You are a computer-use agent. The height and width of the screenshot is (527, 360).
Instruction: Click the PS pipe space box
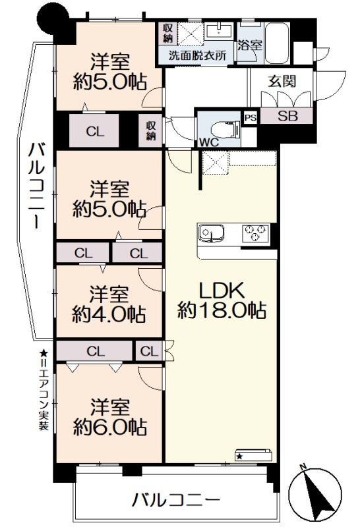point(251,118)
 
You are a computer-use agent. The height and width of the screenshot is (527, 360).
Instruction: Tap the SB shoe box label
point(287,116)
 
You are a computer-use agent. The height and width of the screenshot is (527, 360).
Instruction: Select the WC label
point(209,142)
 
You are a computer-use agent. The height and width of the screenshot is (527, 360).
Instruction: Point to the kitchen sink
point(211,233)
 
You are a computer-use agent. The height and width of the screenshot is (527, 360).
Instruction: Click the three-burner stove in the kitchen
point(255,233)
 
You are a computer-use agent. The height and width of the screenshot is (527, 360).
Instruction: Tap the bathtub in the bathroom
point(276,43)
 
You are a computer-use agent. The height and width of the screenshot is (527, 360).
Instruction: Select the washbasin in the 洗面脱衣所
point(219,30)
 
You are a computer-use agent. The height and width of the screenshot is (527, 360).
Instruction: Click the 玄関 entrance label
point(282,81)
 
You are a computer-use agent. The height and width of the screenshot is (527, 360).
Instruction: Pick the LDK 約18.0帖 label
point(222,301)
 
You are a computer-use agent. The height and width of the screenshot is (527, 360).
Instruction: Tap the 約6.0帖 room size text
point(109,427)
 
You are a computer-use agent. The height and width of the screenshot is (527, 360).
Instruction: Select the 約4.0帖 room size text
point(109,314)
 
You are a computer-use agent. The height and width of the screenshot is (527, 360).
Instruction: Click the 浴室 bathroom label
point(250,45)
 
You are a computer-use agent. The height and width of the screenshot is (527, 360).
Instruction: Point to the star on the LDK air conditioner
point(239,456)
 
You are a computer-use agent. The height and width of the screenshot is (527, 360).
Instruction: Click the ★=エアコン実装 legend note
point(44,390)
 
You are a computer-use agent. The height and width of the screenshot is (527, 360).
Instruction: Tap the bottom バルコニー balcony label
point(176,500)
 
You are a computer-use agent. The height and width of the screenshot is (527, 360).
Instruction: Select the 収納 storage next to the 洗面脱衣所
point(167,33)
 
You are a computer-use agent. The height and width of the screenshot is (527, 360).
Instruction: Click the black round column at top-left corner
point(53,20)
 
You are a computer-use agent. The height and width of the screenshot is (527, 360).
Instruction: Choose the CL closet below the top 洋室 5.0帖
point(94,130)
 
